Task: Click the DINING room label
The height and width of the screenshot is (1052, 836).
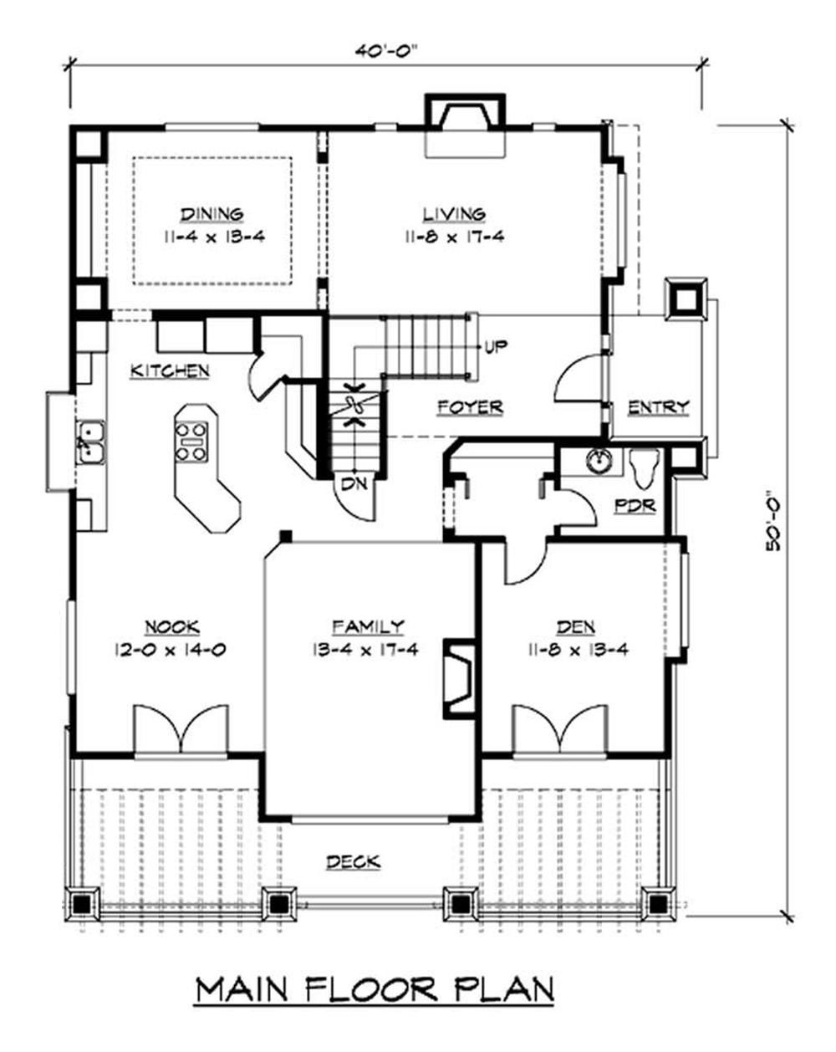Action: pos(212,214)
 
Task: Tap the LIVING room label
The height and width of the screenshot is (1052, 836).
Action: pos(454,214)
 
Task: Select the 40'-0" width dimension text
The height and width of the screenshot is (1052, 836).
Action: pos(388,52)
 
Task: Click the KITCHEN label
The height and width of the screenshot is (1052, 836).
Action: pos(170,370)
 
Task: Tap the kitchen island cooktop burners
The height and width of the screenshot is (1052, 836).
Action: pos(191,442)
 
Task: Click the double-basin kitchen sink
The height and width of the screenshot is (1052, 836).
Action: pos(89,442)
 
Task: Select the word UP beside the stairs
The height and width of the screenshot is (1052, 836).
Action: pos(496,346)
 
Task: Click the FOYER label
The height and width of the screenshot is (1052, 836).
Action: pos(470,406)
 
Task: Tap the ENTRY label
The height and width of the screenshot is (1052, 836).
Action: pos(658,406)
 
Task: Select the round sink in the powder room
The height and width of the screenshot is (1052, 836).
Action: pos(597,459)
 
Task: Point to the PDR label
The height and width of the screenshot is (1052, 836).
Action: pos(635,505)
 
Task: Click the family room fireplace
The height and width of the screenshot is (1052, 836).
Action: pos(460,678)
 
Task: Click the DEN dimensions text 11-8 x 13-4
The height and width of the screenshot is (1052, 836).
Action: pos(577,650)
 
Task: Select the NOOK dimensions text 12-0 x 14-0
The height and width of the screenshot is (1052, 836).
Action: pos(171,650)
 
